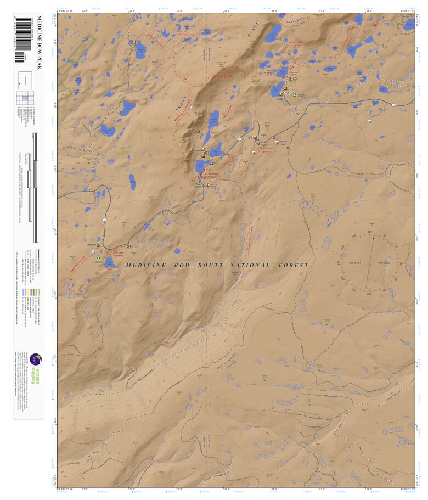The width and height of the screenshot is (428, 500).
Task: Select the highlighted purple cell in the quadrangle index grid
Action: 25,99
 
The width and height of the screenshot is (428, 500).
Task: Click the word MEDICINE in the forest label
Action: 146,266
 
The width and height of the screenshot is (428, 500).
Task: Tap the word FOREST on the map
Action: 295,266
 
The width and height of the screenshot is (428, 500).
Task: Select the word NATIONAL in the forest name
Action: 251,266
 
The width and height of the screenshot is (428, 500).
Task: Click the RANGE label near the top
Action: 254,36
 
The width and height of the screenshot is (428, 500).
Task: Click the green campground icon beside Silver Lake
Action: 99,257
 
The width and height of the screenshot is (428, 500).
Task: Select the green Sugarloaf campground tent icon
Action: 295,94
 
